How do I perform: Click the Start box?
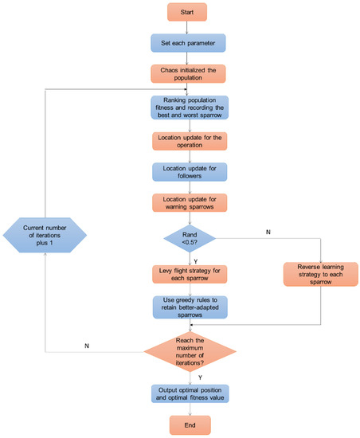pyautogui.click(x=187, y=12)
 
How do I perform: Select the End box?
pyautogui.click(x=190, y=425)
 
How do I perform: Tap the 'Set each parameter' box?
pyautogui.click(x=188, y=43)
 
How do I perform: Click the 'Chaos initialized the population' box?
pyautogui.click(x=188, y=74)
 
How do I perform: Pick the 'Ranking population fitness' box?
pyautogui.click(x=190, y=108)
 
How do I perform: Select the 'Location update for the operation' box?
pyautogui.click(x=190, y=141)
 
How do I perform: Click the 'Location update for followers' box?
pyautogui.click(x=190, y=172)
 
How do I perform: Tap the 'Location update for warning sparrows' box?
pyautogui.click(x=190, y=203)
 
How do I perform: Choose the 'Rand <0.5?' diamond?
pyautogui.click(x=190, y=238)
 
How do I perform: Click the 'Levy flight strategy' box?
pyautogui.click(x=190, y=274)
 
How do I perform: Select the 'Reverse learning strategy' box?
pyautogui.click(x=321, y=274)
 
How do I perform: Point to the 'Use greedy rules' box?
pyautogui.click(x=190, y=307)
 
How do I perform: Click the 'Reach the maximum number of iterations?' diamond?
pyautogui.click(x=190, y=352)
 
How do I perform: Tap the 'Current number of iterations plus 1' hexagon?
pyautogui.click(x=45, y=235)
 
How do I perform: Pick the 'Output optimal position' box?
pyautogui.click(x=190, y=393)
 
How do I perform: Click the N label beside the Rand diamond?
pyautogui.click(x=268, y=232)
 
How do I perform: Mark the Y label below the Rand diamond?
pyautogui.click(x=195, y=261)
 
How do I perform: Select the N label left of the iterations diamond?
pyautogui.click(x=87, y=346)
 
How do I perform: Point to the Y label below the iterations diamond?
pyautogui.click(x=200, y=377)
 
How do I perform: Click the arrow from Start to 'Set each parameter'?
pyautogui.click(x=187, y=27)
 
